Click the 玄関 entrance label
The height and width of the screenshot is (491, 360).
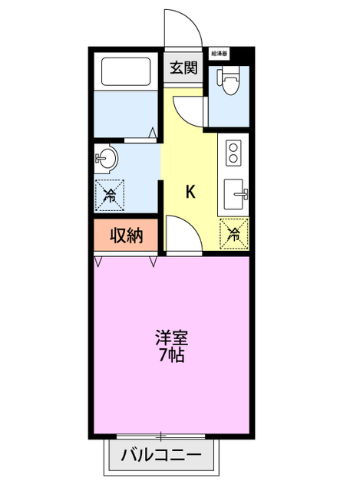(183, 68)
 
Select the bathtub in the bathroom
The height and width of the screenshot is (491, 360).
(127, 72)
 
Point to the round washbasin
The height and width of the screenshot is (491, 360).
(107, 160)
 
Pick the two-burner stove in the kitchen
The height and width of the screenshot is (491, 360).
(233, 152)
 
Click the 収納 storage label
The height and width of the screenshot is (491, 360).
(126, 236)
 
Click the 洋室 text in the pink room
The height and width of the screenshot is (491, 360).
(172, 338)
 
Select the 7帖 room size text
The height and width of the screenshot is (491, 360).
(172, 355)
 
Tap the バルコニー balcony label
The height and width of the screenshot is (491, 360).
(161, 456)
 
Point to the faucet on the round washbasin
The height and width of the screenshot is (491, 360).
(101, 160)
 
